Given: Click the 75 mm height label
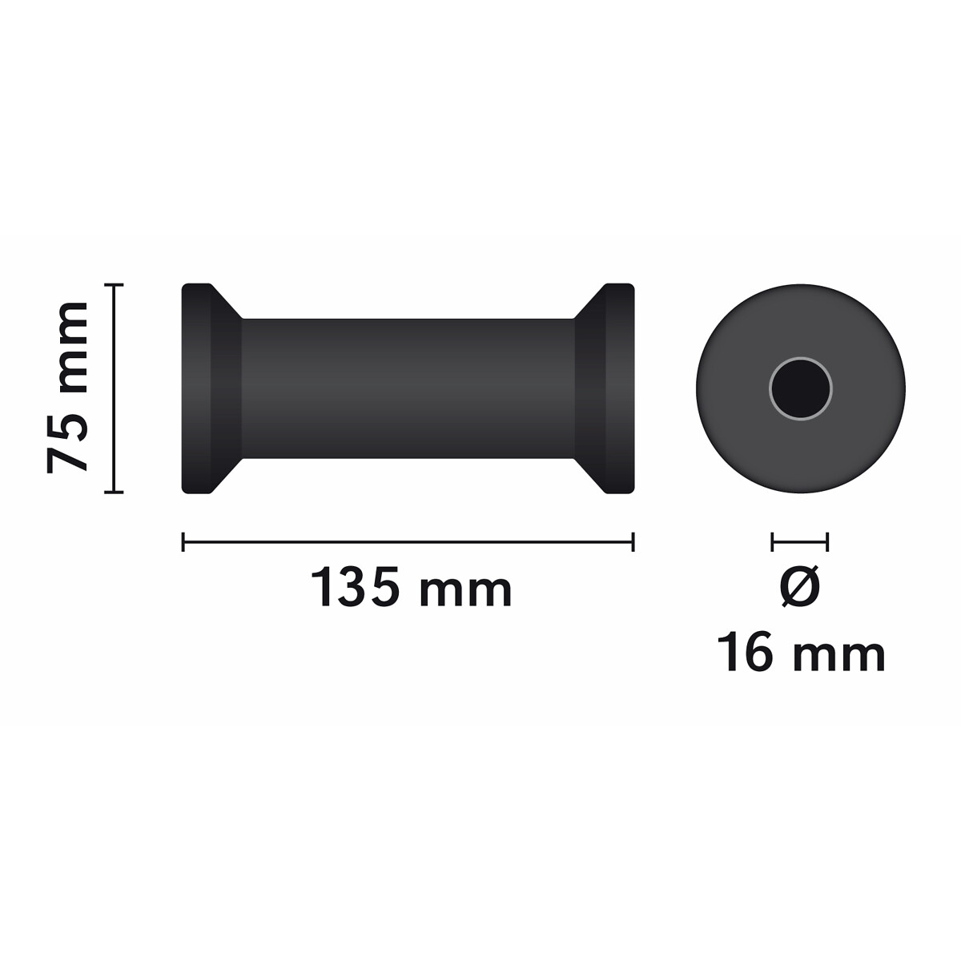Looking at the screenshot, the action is (67, 387).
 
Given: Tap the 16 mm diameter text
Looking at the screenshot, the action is (800, 652).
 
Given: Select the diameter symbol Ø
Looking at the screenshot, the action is (799, 586).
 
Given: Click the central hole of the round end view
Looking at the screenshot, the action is (800, 389).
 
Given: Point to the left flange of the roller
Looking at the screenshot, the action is (196, 388).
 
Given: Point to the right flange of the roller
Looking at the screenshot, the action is (620, 388).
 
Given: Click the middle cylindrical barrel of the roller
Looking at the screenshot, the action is (408, 388).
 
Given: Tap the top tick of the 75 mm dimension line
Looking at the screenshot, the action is (114, 285).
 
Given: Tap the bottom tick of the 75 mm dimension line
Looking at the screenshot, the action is (114, 492).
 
